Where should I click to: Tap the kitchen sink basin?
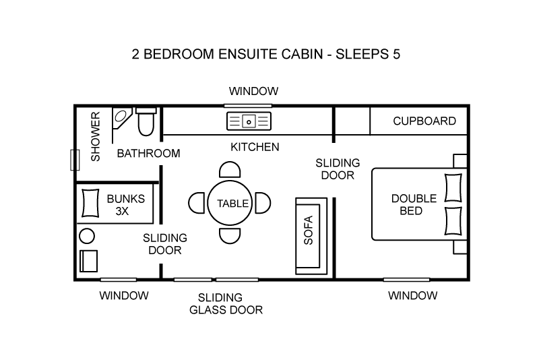pos(249,121)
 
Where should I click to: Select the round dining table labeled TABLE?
pos(230,203)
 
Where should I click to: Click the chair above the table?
pos(230,169)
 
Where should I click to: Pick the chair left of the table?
pos(197,203)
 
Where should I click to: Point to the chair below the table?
pos(230,236)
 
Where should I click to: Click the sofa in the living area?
pos(311,236)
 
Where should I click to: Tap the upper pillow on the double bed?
pos(453,187)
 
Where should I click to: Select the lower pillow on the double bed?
pos(453,221)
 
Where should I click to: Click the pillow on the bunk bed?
pos(90,203)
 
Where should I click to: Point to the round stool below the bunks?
pos(87,236)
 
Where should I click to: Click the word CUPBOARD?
pos(424,121)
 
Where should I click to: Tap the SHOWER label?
pos(95,136)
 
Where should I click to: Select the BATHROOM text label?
pos(148,153)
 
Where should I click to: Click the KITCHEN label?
pos(255,147)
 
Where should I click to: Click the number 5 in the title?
pos(396,55)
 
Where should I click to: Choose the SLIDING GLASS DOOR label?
pos(226,303)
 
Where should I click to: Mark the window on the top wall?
pos(248,106)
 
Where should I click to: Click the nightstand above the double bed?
pos(460,161)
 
